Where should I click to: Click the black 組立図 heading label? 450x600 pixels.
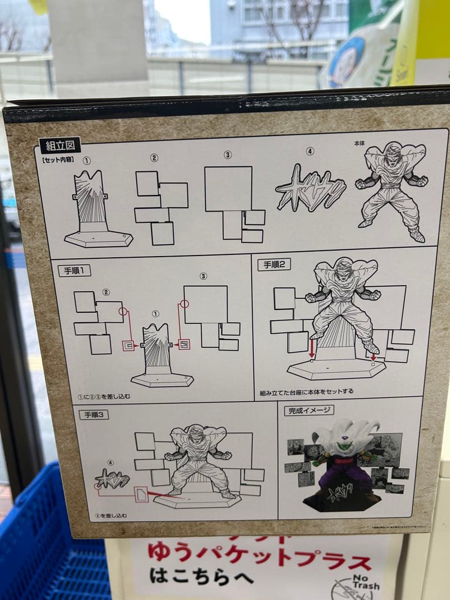point(60,146)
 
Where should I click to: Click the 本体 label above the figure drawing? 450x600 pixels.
point(359,143)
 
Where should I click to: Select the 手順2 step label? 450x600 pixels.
point(274,264)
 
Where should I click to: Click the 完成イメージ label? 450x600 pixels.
point(309,411)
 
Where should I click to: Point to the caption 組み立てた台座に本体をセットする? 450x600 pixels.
point(307,392)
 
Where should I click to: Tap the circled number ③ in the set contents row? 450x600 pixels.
point(227,155)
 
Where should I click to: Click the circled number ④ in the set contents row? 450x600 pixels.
point(309,151)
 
